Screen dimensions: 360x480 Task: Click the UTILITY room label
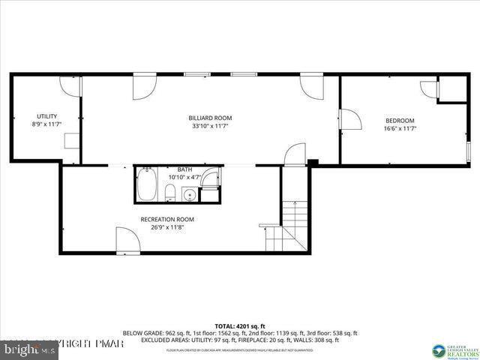[46, 116]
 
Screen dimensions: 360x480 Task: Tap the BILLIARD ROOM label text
[210, 118]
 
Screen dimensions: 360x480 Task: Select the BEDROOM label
[400, 121]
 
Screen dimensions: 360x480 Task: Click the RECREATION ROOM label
[167, 219]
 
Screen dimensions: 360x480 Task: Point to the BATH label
[184, 170]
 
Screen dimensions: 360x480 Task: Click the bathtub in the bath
[146, 185]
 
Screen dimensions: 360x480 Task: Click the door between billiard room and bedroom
[349, 121]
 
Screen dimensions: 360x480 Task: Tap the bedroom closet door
[430, 88]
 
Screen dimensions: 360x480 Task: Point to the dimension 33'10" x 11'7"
[210, 126]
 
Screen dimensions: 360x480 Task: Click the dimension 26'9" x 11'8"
[167, 227]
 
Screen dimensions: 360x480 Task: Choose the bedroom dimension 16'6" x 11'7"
[400, 129]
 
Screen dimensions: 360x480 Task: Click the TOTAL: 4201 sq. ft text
[240, 326]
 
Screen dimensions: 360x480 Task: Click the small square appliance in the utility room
[71, 142]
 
